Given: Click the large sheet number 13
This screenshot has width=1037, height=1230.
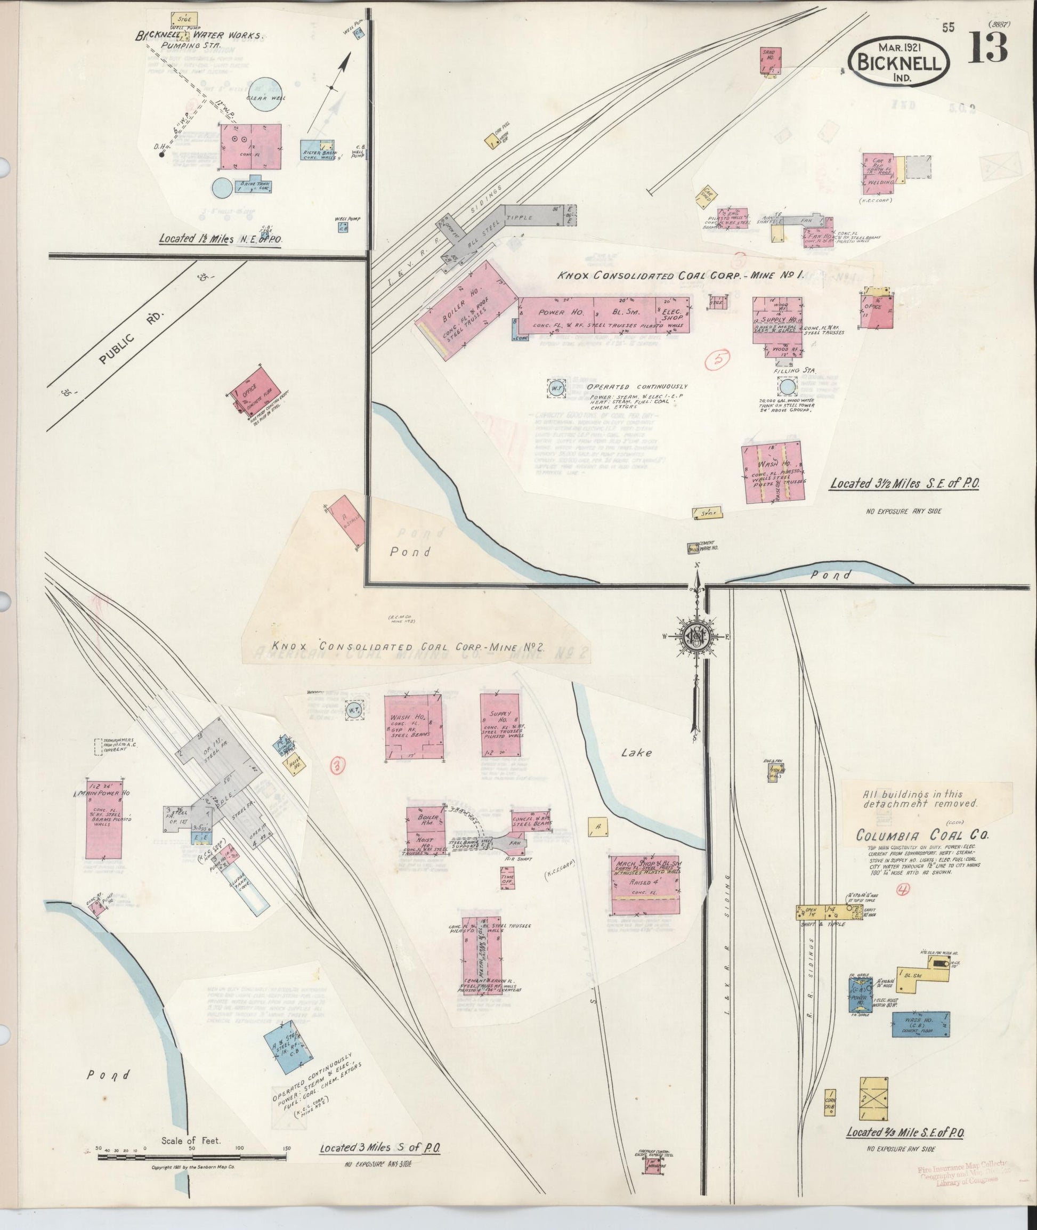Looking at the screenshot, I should [x=988, y=47].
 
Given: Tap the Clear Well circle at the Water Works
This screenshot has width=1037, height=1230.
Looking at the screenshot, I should [x=272, y=95].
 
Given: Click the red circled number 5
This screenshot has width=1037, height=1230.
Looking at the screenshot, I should [x=718, y=360].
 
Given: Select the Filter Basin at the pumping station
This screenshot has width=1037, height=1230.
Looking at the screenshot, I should [x=318, y=152].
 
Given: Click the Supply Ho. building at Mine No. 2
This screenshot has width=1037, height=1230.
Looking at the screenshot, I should [x=499, y=727].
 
